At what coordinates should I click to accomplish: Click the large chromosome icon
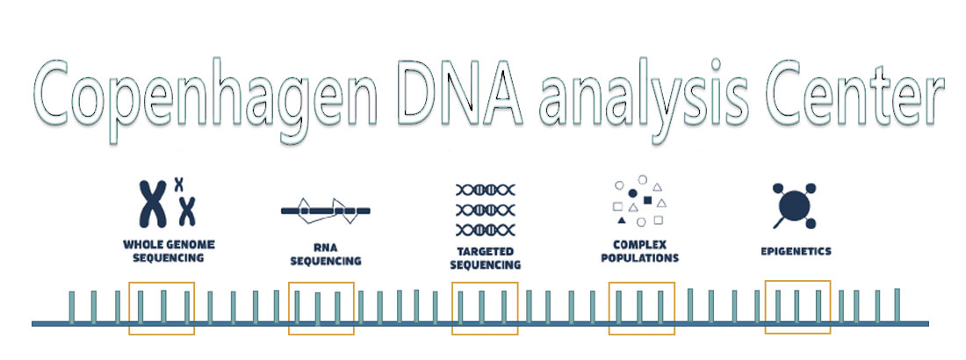coord(153,205)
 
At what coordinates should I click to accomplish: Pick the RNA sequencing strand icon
coord(326,210)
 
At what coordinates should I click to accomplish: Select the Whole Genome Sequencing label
coord(169,250)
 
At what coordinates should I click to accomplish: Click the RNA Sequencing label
coord(326,255)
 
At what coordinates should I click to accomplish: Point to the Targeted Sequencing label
coord(485,257)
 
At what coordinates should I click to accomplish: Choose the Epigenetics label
coord(796,251)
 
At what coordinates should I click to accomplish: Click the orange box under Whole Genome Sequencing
coord(162,308)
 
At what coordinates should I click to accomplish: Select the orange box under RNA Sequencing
coord(321,308)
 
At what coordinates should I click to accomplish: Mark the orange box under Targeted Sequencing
coord(485,308)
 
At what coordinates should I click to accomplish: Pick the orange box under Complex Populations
coord(642,308)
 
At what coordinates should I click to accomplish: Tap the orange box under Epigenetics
coord(797,307)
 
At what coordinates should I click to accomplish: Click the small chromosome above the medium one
coord(178,184)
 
